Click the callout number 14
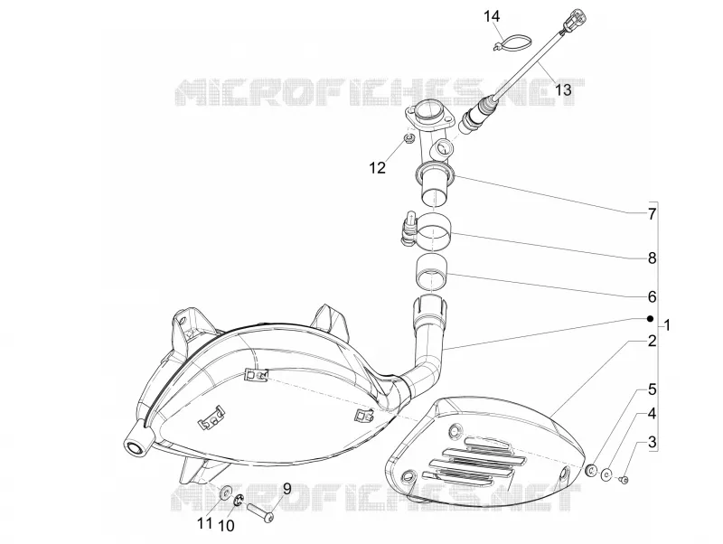coord(492,16)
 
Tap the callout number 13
coord(562,89)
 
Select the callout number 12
coord(377,168)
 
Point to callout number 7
coord(652,214)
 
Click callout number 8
coord(652,258)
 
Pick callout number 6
coord(652,296)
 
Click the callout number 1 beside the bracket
coord(667,325)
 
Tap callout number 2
coord(652,342)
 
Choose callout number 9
coord(286,488)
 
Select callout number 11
coord(205,523)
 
